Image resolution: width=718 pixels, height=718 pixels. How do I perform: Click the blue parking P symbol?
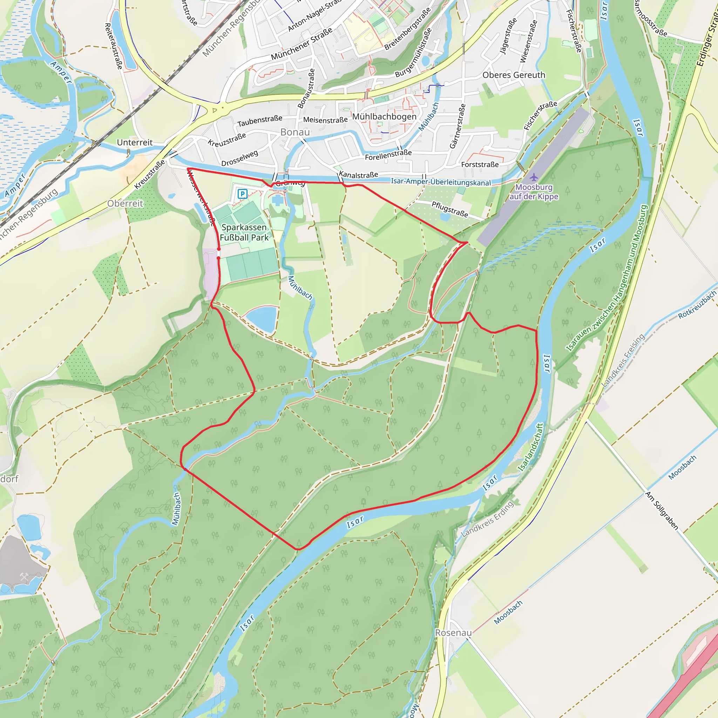[x=242, y=194]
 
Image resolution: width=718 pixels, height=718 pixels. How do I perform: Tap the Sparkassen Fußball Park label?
[x=244, y=232]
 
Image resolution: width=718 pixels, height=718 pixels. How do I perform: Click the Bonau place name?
[x=295, y=132]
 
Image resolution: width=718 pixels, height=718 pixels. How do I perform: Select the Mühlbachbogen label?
[x=384, y=116]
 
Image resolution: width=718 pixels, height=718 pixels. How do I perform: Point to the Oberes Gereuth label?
[x=514, y=75]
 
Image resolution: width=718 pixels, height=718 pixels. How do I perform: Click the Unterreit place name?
[x=135, y=142]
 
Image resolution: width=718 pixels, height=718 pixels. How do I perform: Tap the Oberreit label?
[x=125, y=203]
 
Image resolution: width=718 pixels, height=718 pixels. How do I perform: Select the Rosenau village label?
[x=453, y=632]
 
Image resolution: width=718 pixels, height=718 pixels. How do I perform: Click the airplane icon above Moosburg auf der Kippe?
[x=534, y=177]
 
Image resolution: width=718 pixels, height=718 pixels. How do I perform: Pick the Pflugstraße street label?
[x=450, y=209]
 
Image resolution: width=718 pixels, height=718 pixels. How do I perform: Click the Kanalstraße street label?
[x=358, y=174]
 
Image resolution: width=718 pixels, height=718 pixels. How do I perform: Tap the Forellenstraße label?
[x=388, y=155]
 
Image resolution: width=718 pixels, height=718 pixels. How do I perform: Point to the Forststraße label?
[x=480, y=164]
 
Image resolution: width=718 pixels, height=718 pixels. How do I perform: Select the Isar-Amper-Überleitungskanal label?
[x=441, y=182]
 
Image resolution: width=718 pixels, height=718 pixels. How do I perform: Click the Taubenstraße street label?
[x=260, y=121]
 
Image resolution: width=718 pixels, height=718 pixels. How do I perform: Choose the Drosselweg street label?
[x=239, y=158]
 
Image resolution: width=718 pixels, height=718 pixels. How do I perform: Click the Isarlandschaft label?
[x=531, y=447]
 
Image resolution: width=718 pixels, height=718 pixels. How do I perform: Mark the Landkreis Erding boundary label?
[x=487, y=519]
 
